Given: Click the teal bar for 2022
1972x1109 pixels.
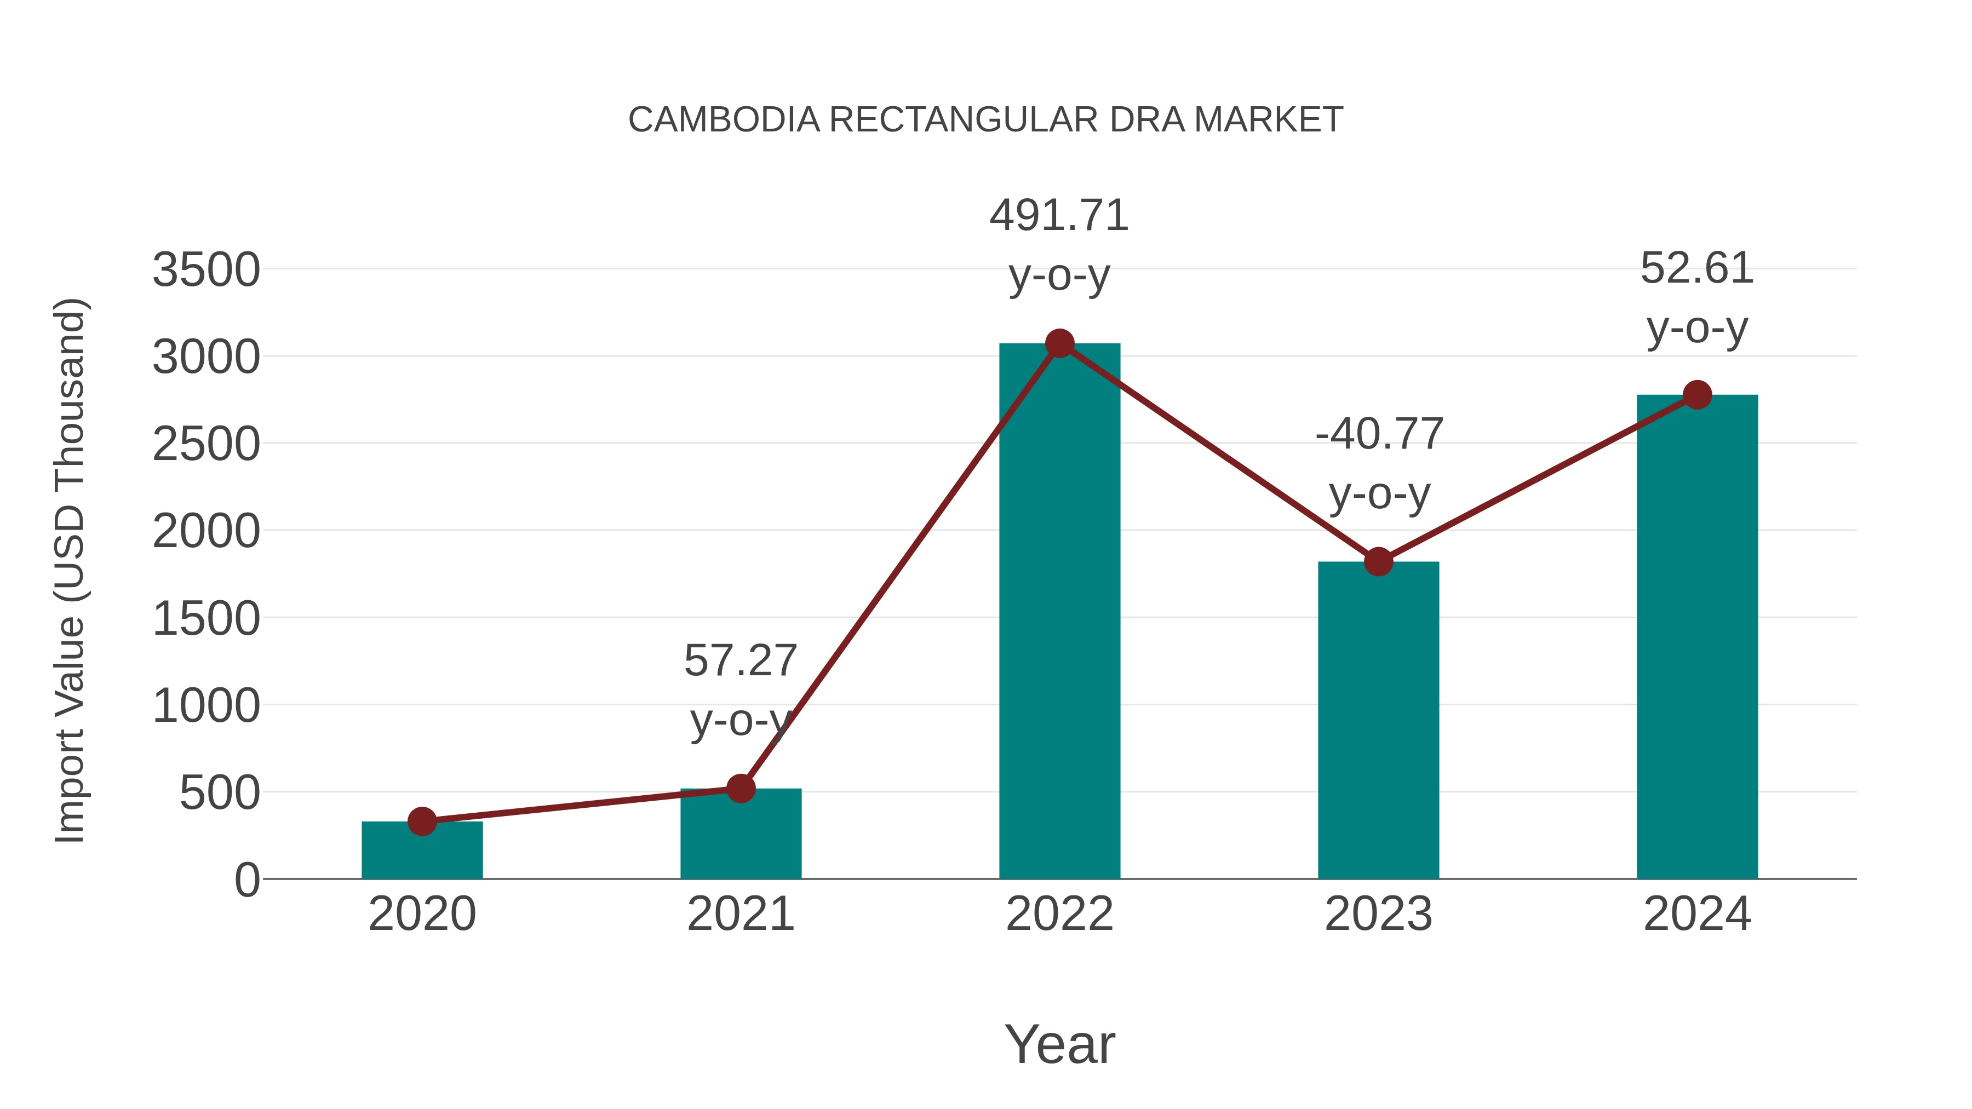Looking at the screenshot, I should (x=1059, y=612).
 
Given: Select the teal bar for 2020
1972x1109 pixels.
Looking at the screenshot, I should (x=422, y=851).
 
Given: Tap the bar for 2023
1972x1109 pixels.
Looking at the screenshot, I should (x=1378, y=720).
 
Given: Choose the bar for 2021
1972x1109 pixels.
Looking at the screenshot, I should (x=740, y=834).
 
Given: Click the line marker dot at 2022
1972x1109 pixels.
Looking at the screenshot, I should (x=1059, y=343).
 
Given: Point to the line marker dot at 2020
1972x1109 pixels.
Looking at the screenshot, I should (x=422, y=822).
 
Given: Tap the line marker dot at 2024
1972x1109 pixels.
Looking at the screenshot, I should (x=1697, y=395).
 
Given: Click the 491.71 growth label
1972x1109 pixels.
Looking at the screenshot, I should (x=1059, y=216).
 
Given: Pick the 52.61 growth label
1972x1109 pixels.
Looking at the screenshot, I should (x=1697, y=269).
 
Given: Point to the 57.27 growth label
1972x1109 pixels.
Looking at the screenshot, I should (x=740, y=660).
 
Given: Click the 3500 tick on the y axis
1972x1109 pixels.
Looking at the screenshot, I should (x=206, y=270).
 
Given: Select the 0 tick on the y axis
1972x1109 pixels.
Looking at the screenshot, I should (x=246, y=880).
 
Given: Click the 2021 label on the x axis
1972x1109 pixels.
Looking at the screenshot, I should (x=740, y=915).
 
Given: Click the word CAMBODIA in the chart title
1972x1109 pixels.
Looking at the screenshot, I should (x=724, y=120).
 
